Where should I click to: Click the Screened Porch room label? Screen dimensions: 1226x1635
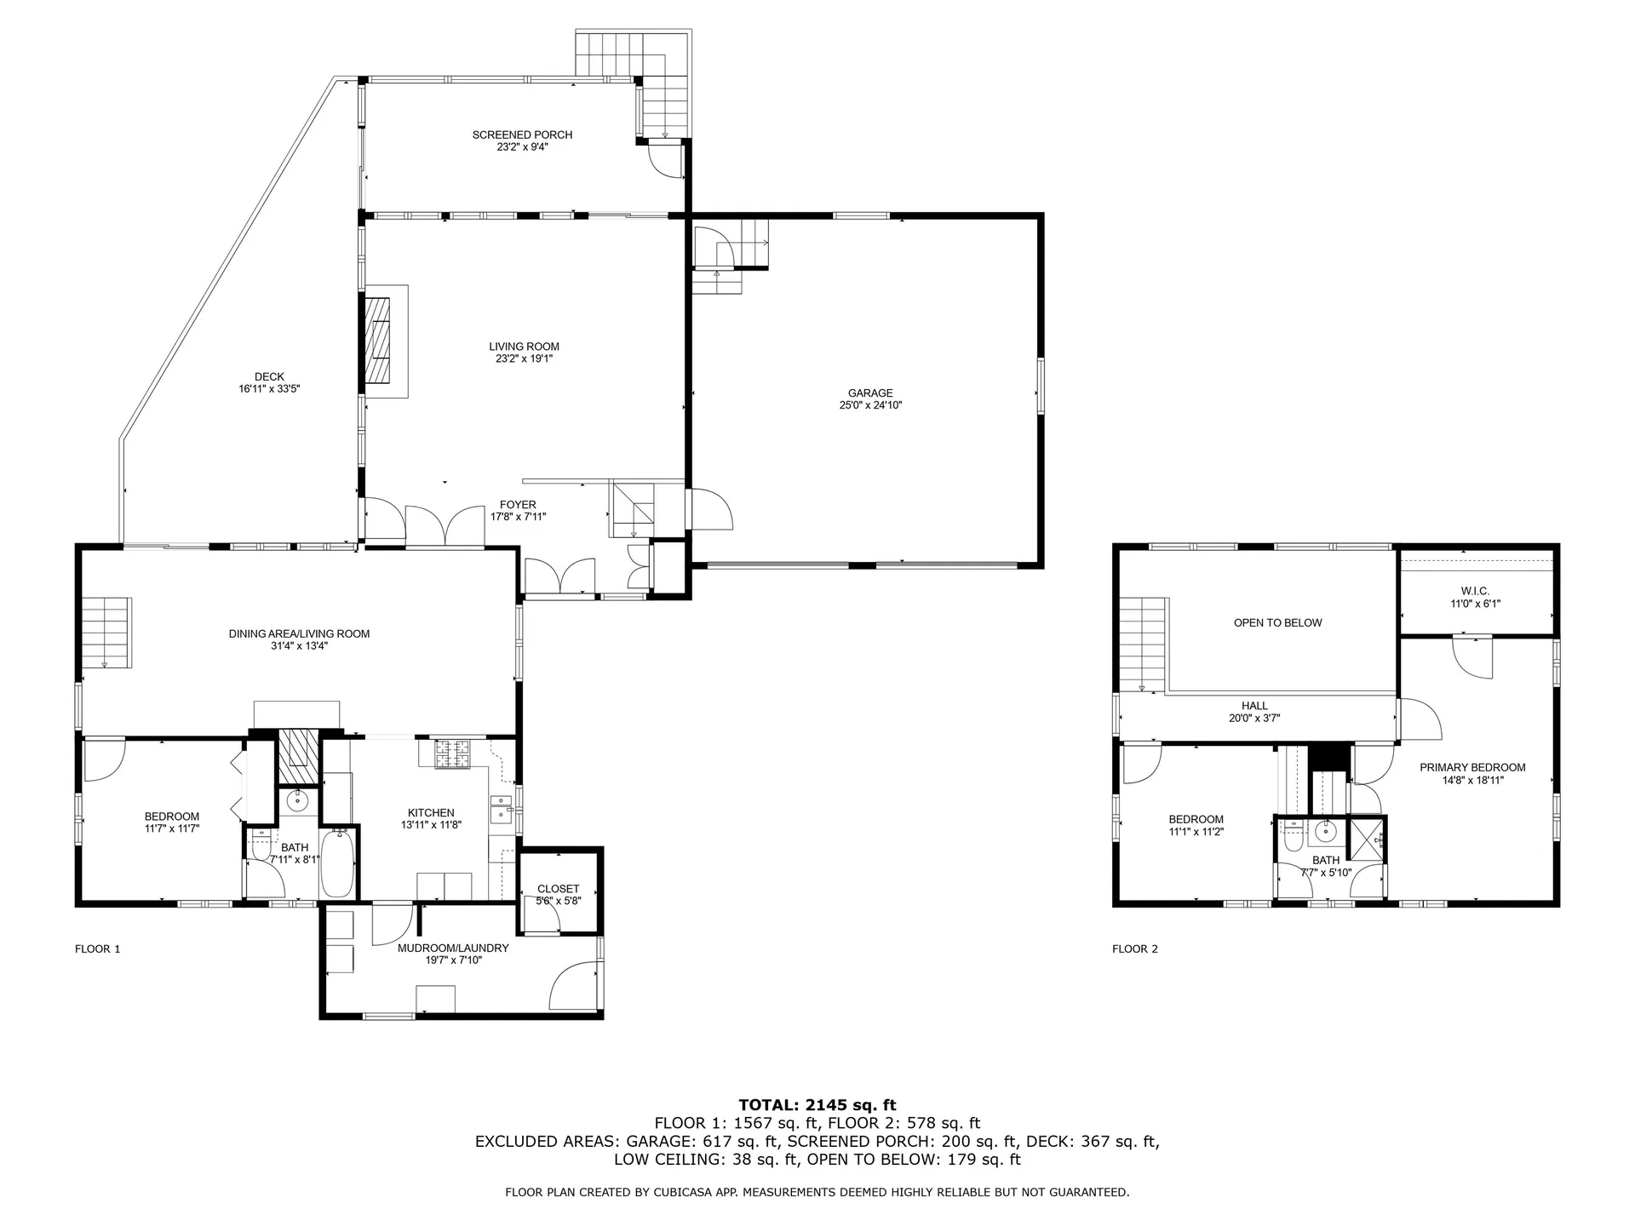pyautogui.click(x=522, y=135)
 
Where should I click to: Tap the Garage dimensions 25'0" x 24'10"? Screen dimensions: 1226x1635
pyautogui.click(x=869, y=405)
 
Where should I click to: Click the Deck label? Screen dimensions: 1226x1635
pyautogui.click(x=269, y=376)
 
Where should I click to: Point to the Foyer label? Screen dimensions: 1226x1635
pyautogui.click(x=518, y=505)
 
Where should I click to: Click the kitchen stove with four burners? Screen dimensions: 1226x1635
pyautogui.click(x=453, y=753)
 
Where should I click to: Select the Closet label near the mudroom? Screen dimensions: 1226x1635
pyautogui.click(x=558, y=889)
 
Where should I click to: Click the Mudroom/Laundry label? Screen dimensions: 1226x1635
pyautogui.click(x=453, y=948)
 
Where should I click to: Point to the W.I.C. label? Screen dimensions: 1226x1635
pyautogui.click(x=1475, y=591)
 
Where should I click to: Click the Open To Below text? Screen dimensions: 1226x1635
pyautogui.click(x=1277, y=622)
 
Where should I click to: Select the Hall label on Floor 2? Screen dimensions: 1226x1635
pyautogui.click(x=1254, y=706)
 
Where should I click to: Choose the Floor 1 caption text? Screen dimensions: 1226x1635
pyautogui.click(x=98, y=948)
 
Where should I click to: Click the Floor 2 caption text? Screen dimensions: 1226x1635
pyautogui.click(x=1135, y=948)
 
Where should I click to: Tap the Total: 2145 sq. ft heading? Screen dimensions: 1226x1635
pyautogui.click(x=817, y=1105)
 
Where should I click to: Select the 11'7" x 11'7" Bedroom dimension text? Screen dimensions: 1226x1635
pyautogui.click(x=172, y=828)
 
